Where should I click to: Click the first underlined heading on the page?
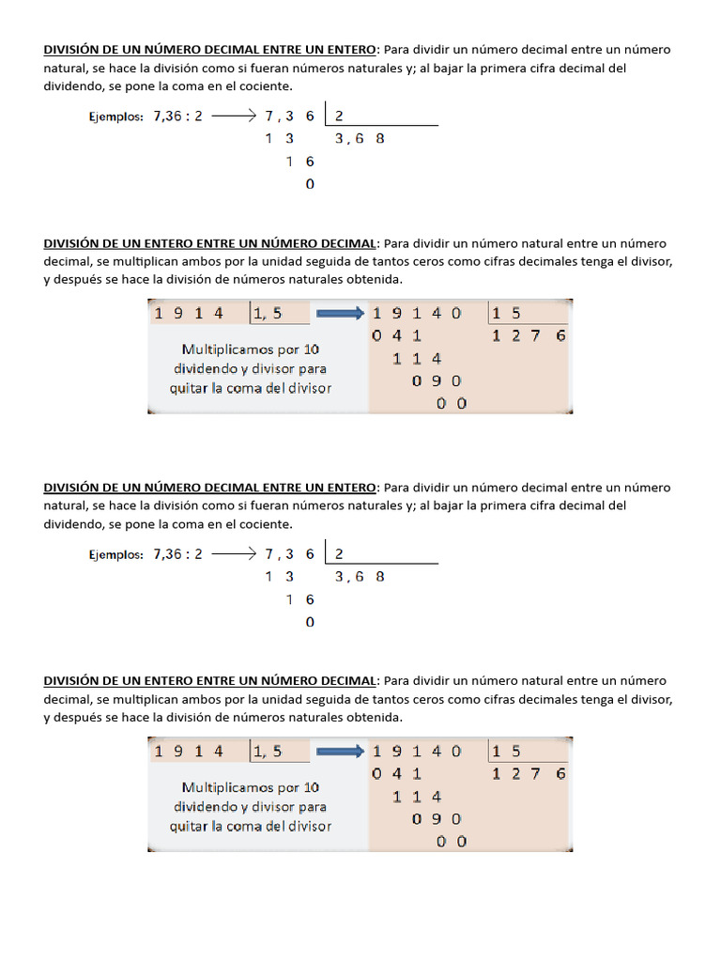click(x=209, y=50)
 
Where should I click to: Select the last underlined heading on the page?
click(x=209, y=680)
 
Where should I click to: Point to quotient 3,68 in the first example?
click(x=360, y=139)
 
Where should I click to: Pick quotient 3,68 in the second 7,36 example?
click(x=360, y=577)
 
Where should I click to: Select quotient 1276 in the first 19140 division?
click(x=529, y=335)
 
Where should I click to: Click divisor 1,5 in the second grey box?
click(x=267, y=751)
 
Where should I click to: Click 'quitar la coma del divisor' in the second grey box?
click(x=251, y=826)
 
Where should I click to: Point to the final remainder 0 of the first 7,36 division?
click(x=310, y=184)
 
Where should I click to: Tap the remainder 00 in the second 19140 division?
click(x=451, y=841)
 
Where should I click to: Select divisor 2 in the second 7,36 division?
click(x=339, y=554)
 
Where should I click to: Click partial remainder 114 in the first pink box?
click(x=417, y=358)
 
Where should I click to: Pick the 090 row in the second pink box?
click(x=437, y=818)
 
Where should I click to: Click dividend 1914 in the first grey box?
click(x=189, y=313)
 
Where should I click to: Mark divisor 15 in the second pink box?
click(x=506, y=751)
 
